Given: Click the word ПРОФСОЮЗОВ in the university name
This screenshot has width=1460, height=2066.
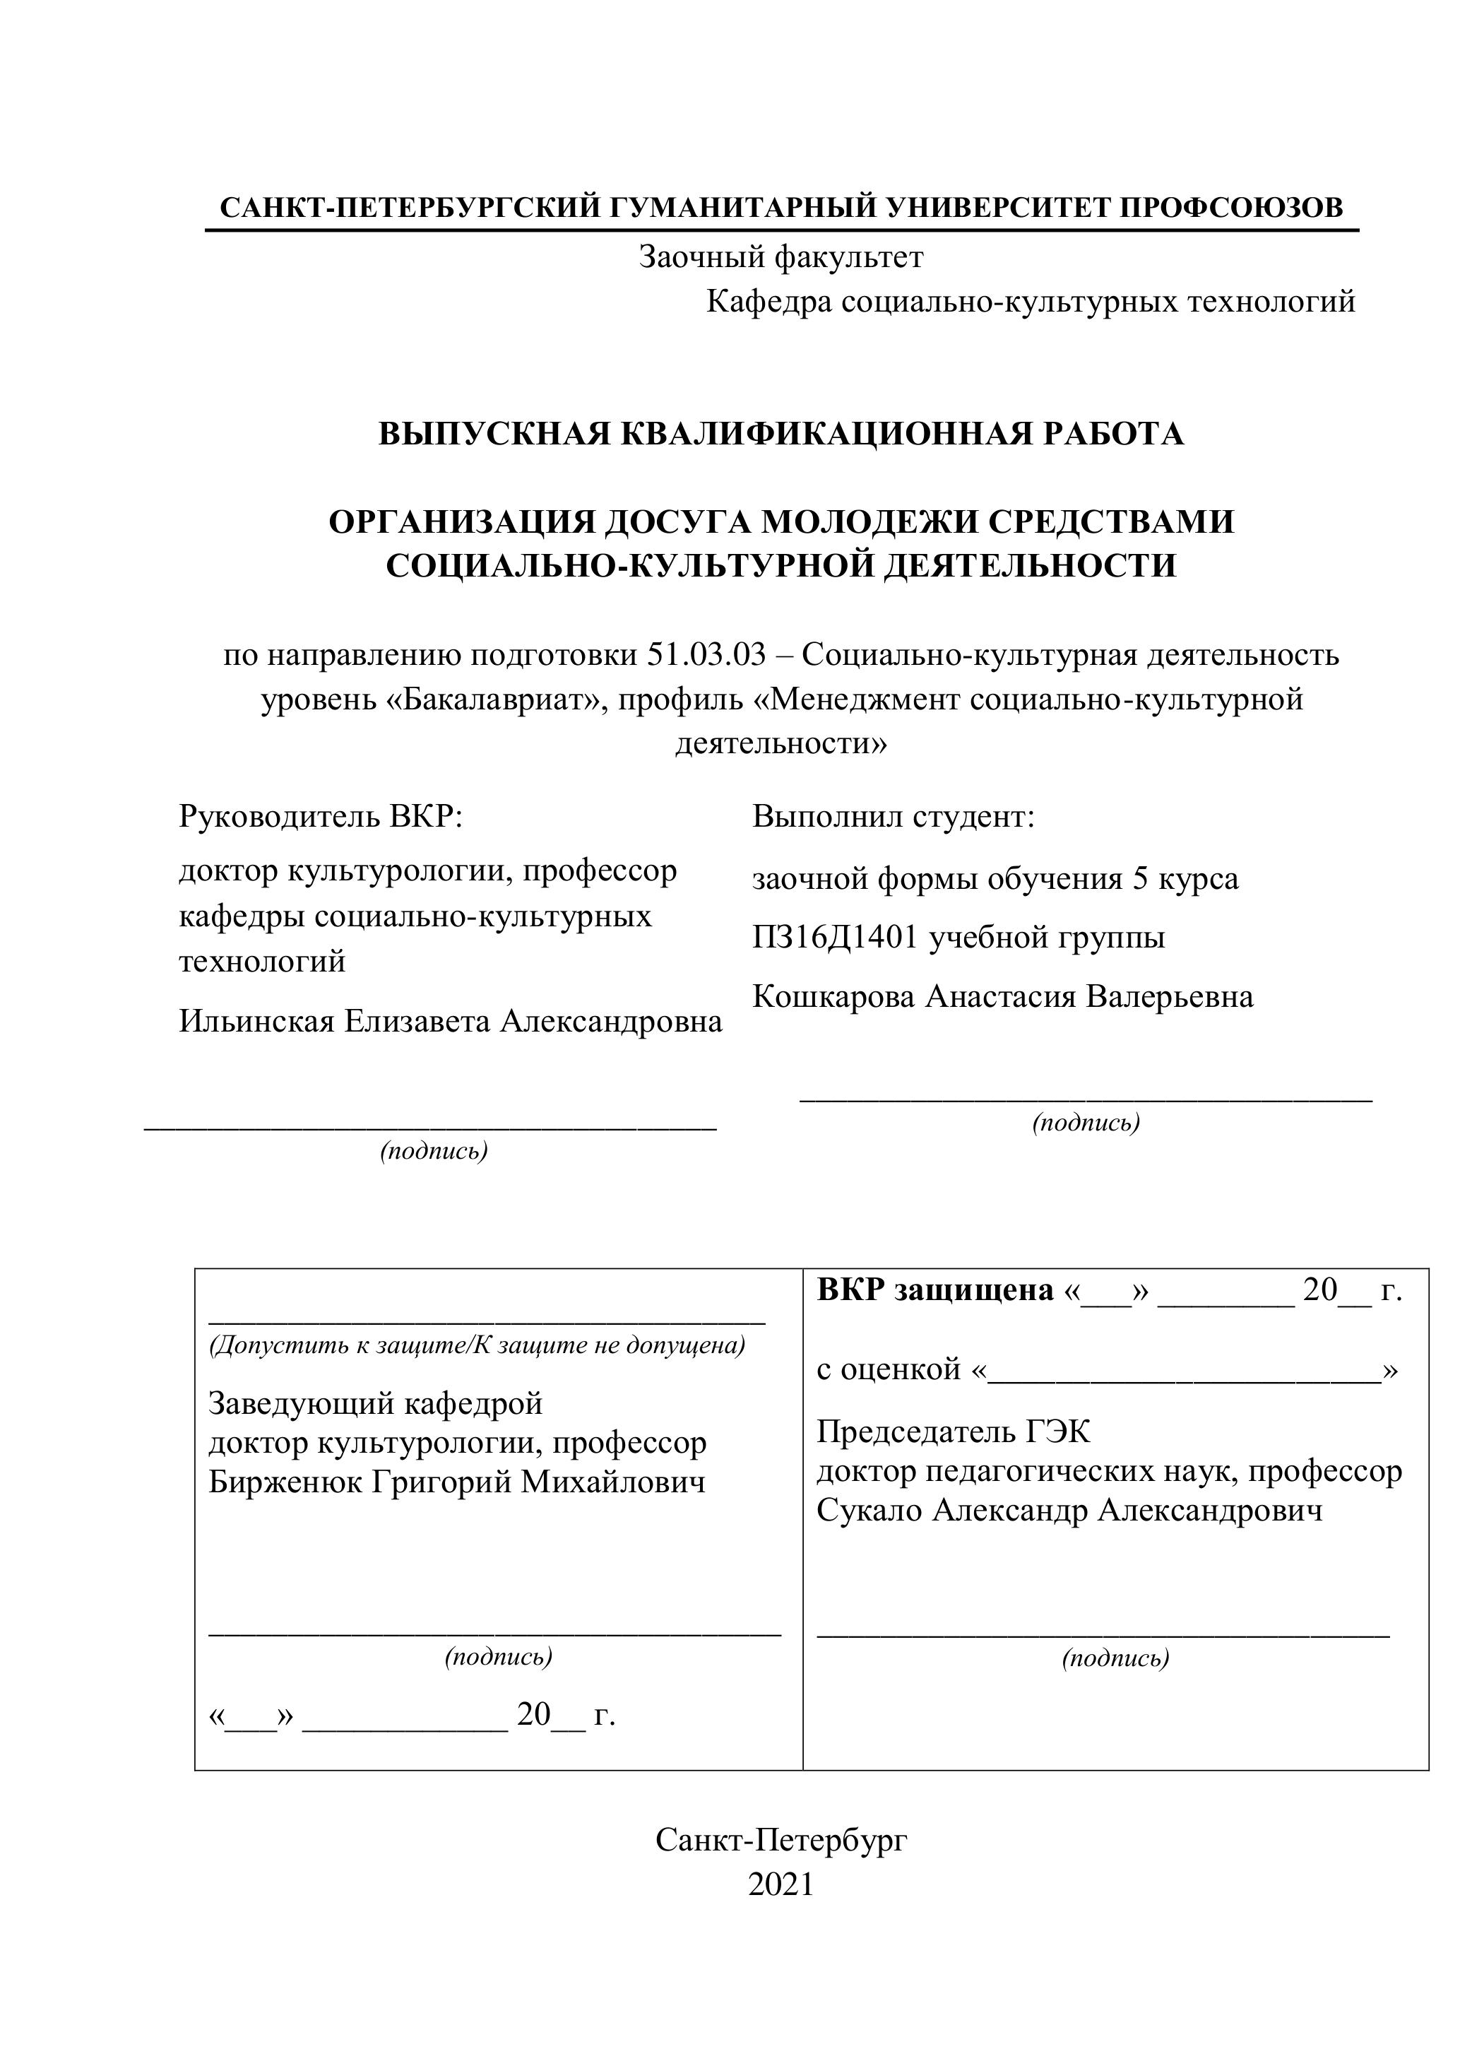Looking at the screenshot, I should pos(1230,208).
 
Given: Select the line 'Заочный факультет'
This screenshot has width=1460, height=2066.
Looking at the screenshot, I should pos(781,259).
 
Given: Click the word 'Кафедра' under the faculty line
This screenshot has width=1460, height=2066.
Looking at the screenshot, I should pos(769,302).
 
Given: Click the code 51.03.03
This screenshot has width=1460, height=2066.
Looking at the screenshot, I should pos(706,655).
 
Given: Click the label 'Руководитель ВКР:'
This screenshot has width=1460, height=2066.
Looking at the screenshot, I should pos(320,817).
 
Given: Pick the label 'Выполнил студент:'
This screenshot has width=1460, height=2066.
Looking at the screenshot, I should pos(894,817).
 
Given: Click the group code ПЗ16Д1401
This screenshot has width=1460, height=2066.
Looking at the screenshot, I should pos(835,938).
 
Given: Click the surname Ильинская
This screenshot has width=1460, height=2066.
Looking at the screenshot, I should pos(256,1021).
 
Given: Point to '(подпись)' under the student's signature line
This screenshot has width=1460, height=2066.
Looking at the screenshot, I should pos(1086,1122).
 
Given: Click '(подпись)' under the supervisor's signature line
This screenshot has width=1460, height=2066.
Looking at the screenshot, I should pos(434,1151).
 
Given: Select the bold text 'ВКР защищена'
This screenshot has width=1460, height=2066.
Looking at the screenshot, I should pos(934,1290).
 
